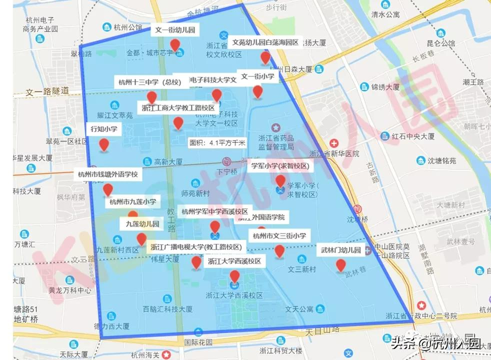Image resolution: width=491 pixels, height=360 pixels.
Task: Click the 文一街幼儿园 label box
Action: [x=175, y=30]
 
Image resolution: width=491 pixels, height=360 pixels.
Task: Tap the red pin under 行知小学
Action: [x=104, y=145]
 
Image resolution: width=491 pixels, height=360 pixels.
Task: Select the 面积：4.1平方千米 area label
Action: [x=217, y=142]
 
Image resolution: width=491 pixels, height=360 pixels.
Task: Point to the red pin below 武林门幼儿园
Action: [x=340, y=265]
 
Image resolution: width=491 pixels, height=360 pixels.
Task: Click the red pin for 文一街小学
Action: [x=257, y=91]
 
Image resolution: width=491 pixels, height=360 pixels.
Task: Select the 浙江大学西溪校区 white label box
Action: [x=234, y=261]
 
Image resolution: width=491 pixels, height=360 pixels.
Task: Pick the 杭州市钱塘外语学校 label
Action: [x=108, y=174]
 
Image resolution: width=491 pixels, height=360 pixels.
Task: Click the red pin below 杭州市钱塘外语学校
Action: [x=107, y=190]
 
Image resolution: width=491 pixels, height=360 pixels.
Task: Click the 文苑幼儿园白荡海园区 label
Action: [x=265, y=43]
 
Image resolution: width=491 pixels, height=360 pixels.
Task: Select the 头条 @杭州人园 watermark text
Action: [x=435, y=343]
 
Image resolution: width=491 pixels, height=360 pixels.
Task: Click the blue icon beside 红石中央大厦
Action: [x=385, y=136]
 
